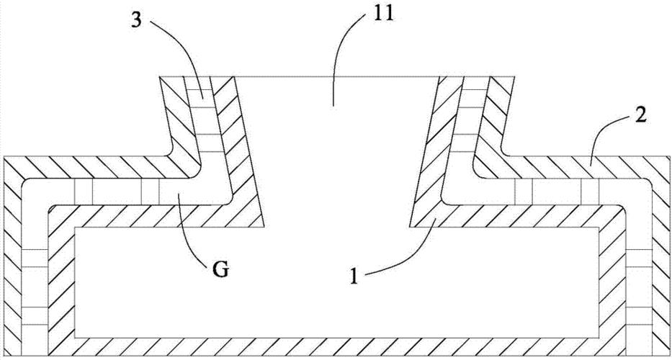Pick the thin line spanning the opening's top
336,77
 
